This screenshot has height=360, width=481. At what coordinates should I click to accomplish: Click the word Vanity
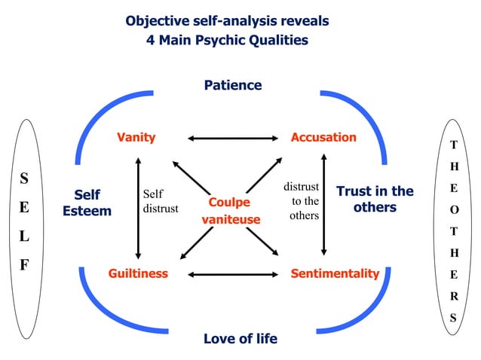pos(136,137)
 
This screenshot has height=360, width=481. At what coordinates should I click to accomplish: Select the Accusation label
pos(323,137)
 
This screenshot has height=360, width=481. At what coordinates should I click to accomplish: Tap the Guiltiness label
pos(138,273)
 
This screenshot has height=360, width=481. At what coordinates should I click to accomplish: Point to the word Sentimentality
pos(335,273)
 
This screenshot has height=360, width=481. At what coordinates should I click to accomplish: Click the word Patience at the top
pos(233,85)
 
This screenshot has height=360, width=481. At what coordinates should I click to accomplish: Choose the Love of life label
pos(240,338)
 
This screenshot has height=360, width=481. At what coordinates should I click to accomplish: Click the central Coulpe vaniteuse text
pos(229,211)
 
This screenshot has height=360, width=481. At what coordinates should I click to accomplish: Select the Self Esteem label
pos(87,203)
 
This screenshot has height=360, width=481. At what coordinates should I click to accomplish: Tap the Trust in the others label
pos(375,199)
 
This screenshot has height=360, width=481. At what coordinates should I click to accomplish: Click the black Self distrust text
pos(160,201)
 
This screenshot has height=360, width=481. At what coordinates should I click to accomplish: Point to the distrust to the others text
pos(302,200)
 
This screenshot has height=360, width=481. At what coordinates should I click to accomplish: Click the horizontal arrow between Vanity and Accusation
pos(233,138)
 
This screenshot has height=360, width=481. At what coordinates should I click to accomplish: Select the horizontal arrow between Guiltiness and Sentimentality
pos(233,274)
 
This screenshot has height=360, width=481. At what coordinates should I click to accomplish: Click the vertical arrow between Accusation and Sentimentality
pos(324,205)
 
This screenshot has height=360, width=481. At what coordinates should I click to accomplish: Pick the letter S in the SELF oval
pos(24,178)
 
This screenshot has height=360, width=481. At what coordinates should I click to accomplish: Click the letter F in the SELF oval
pos(24,266)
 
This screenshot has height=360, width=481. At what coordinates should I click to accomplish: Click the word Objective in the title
pos(157,20)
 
